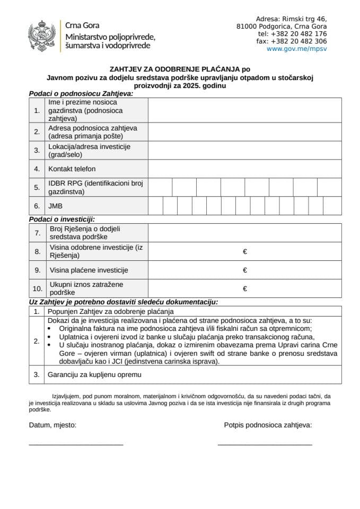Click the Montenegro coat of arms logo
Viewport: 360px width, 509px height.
coord(43,36)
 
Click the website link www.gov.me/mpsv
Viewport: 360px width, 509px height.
coord(296,48)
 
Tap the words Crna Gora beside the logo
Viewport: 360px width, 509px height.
coord(82,25)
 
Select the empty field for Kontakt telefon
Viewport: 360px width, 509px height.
coord(244,169)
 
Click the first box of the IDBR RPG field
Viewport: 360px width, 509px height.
coord(160,187)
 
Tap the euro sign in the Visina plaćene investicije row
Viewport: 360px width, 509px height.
coord(244,270)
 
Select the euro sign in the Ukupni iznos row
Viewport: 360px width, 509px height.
coord(244,289)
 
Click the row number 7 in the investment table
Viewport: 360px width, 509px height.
coord(37,233)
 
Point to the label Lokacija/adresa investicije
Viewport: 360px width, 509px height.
coord(89,150)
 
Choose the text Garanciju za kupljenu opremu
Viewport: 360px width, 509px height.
coord(94,375)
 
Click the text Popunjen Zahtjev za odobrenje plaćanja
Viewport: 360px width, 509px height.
coord(111,312)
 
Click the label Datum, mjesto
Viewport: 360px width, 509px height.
coord(52,425)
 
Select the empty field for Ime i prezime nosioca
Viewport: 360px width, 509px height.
coord(244,110)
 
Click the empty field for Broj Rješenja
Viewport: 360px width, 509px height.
coord(244,233)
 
